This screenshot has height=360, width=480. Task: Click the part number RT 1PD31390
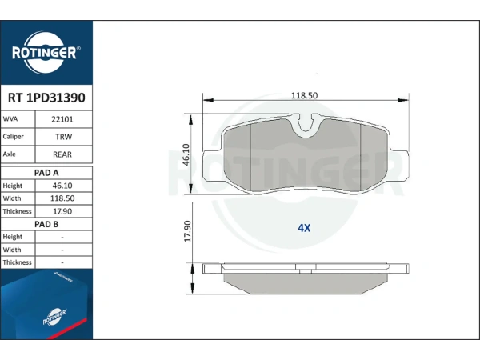(46, 98)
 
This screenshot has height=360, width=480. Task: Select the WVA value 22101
(62, 119)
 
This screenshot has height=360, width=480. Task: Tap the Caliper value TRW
(63, 137)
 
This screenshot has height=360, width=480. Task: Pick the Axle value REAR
(62, 154)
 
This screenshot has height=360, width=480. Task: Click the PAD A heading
(46, 173)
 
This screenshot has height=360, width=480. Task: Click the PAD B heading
(46, 224)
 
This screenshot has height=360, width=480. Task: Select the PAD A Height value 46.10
(62, 186)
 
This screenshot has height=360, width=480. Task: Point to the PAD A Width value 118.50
(62, 198)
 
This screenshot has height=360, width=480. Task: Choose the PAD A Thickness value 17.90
(62, 211)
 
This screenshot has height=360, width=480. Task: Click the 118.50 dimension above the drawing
(304, 95)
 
